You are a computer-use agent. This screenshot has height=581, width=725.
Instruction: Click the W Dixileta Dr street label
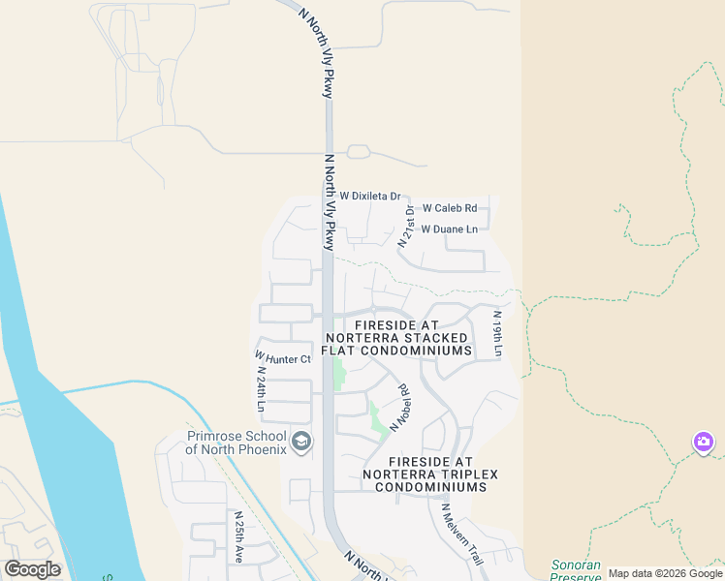[370, 196]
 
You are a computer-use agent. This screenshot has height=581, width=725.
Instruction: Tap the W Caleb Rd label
[451, 208]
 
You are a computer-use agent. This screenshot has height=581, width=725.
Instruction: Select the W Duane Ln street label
[449, 229]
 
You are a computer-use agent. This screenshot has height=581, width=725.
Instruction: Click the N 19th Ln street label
[497, 332]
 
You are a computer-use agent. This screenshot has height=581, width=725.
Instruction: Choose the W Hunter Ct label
[282, 359]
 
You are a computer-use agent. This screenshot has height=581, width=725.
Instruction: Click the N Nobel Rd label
[399, 408]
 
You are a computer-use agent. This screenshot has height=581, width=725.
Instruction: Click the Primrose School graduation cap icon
[301, 443]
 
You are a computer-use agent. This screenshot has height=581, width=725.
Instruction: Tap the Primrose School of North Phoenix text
[236, 443]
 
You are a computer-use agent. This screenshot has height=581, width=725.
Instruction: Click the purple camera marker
[704, 443]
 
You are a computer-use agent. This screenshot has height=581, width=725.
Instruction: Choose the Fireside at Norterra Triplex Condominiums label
[424, 474]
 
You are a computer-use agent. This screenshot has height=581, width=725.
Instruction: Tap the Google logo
[32, 569]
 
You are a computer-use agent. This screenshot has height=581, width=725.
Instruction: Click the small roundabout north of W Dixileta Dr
[359, 152]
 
